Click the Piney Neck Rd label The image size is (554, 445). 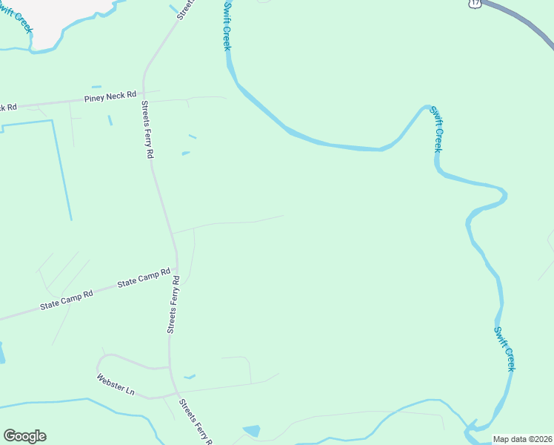110,96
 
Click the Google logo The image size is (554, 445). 24,436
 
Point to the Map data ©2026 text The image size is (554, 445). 522,439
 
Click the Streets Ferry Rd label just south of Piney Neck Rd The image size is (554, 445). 147,130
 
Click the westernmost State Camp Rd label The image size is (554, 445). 67,299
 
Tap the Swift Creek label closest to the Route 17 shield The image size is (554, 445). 437,130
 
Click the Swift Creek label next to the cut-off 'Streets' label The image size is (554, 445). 227,26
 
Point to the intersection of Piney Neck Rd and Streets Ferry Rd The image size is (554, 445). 144,94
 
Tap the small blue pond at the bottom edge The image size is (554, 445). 252,431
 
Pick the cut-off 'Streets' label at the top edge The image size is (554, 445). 185,7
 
